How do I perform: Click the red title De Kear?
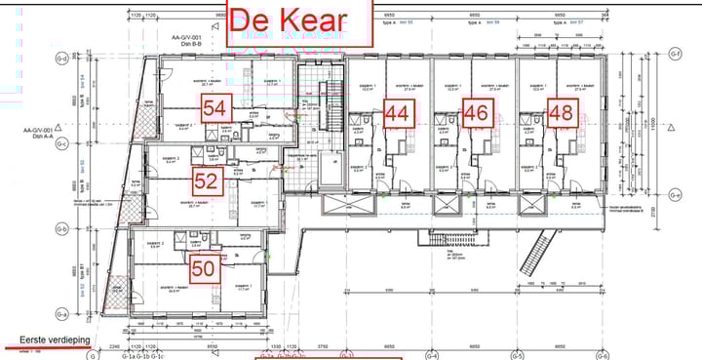300,21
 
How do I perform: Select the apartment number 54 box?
215,109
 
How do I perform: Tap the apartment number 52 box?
206,180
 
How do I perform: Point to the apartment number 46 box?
475,112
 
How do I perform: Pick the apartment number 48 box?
561,112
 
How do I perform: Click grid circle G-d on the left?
61,59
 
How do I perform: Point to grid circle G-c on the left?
61,143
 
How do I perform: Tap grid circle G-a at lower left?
61,314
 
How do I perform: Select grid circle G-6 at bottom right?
603,355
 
